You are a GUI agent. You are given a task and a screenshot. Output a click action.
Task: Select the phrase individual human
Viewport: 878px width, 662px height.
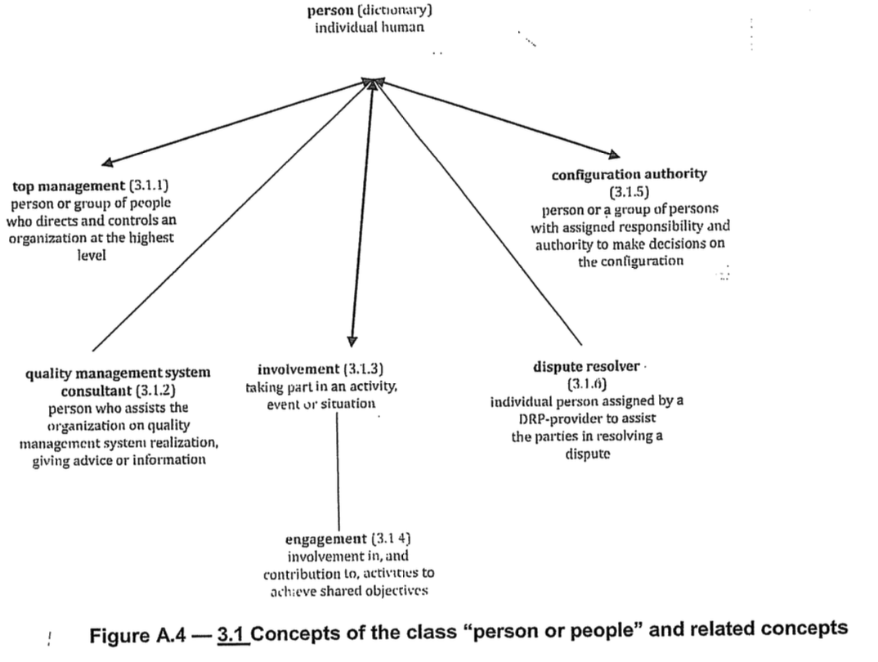[x=370, y=27]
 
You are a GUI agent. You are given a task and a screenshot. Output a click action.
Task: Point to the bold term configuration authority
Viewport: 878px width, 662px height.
[x=629, y=174]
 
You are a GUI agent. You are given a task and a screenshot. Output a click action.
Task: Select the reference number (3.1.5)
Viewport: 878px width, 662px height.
[x=629, y=194]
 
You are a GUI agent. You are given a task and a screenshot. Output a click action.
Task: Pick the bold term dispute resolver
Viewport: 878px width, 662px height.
[x=586, y=367]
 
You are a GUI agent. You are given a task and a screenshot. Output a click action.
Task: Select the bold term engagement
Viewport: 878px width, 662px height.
[x=326, y=539]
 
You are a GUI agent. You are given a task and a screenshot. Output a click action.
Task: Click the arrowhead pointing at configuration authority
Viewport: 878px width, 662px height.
[x=614, y=154]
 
